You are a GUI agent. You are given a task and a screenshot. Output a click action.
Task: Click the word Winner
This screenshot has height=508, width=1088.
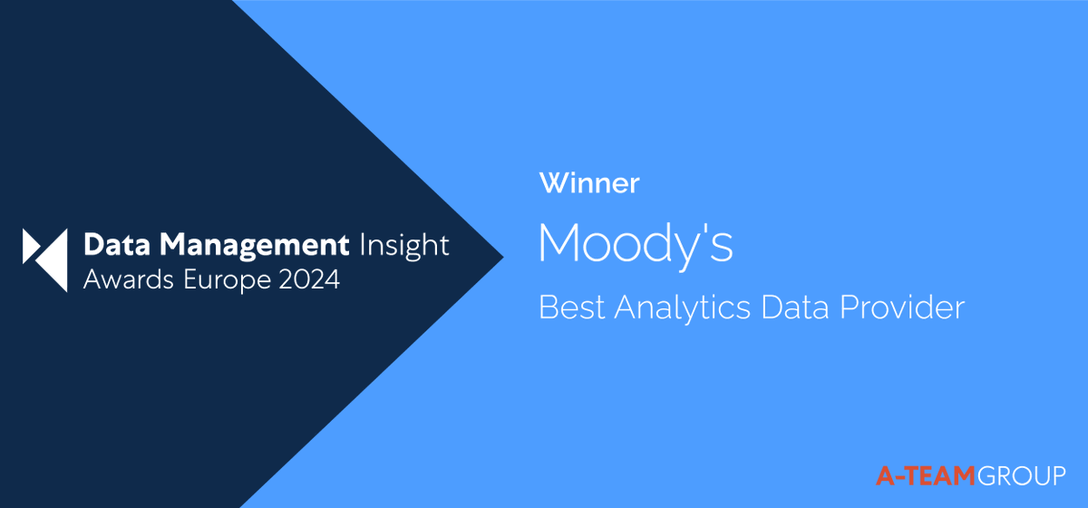tap(589, 183)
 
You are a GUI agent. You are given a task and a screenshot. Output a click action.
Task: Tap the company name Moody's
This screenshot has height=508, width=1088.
tap(636, 243)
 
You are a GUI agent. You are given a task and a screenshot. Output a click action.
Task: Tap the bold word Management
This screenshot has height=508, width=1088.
tap(241, 246)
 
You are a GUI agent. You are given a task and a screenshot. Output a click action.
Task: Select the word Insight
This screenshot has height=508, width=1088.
tap(404, 246)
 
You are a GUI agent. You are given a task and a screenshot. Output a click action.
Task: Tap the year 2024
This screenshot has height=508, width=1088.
tap(310, 280)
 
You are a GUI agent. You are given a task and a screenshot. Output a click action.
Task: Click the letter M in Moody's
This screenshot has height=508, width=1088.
tap(560, 243)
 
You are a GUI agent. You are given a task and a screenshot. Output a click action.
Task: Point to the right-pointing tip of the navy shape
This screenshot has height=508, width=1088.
tap(502, 255)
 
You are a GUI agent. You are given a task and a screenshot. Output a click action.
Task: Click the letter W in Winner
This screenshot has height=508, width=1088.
tap(552, 183)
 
